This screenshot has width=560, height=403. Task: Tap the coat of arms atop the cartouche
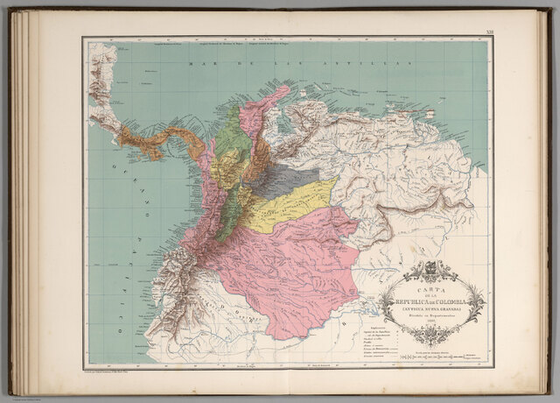tap(430, 269)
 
